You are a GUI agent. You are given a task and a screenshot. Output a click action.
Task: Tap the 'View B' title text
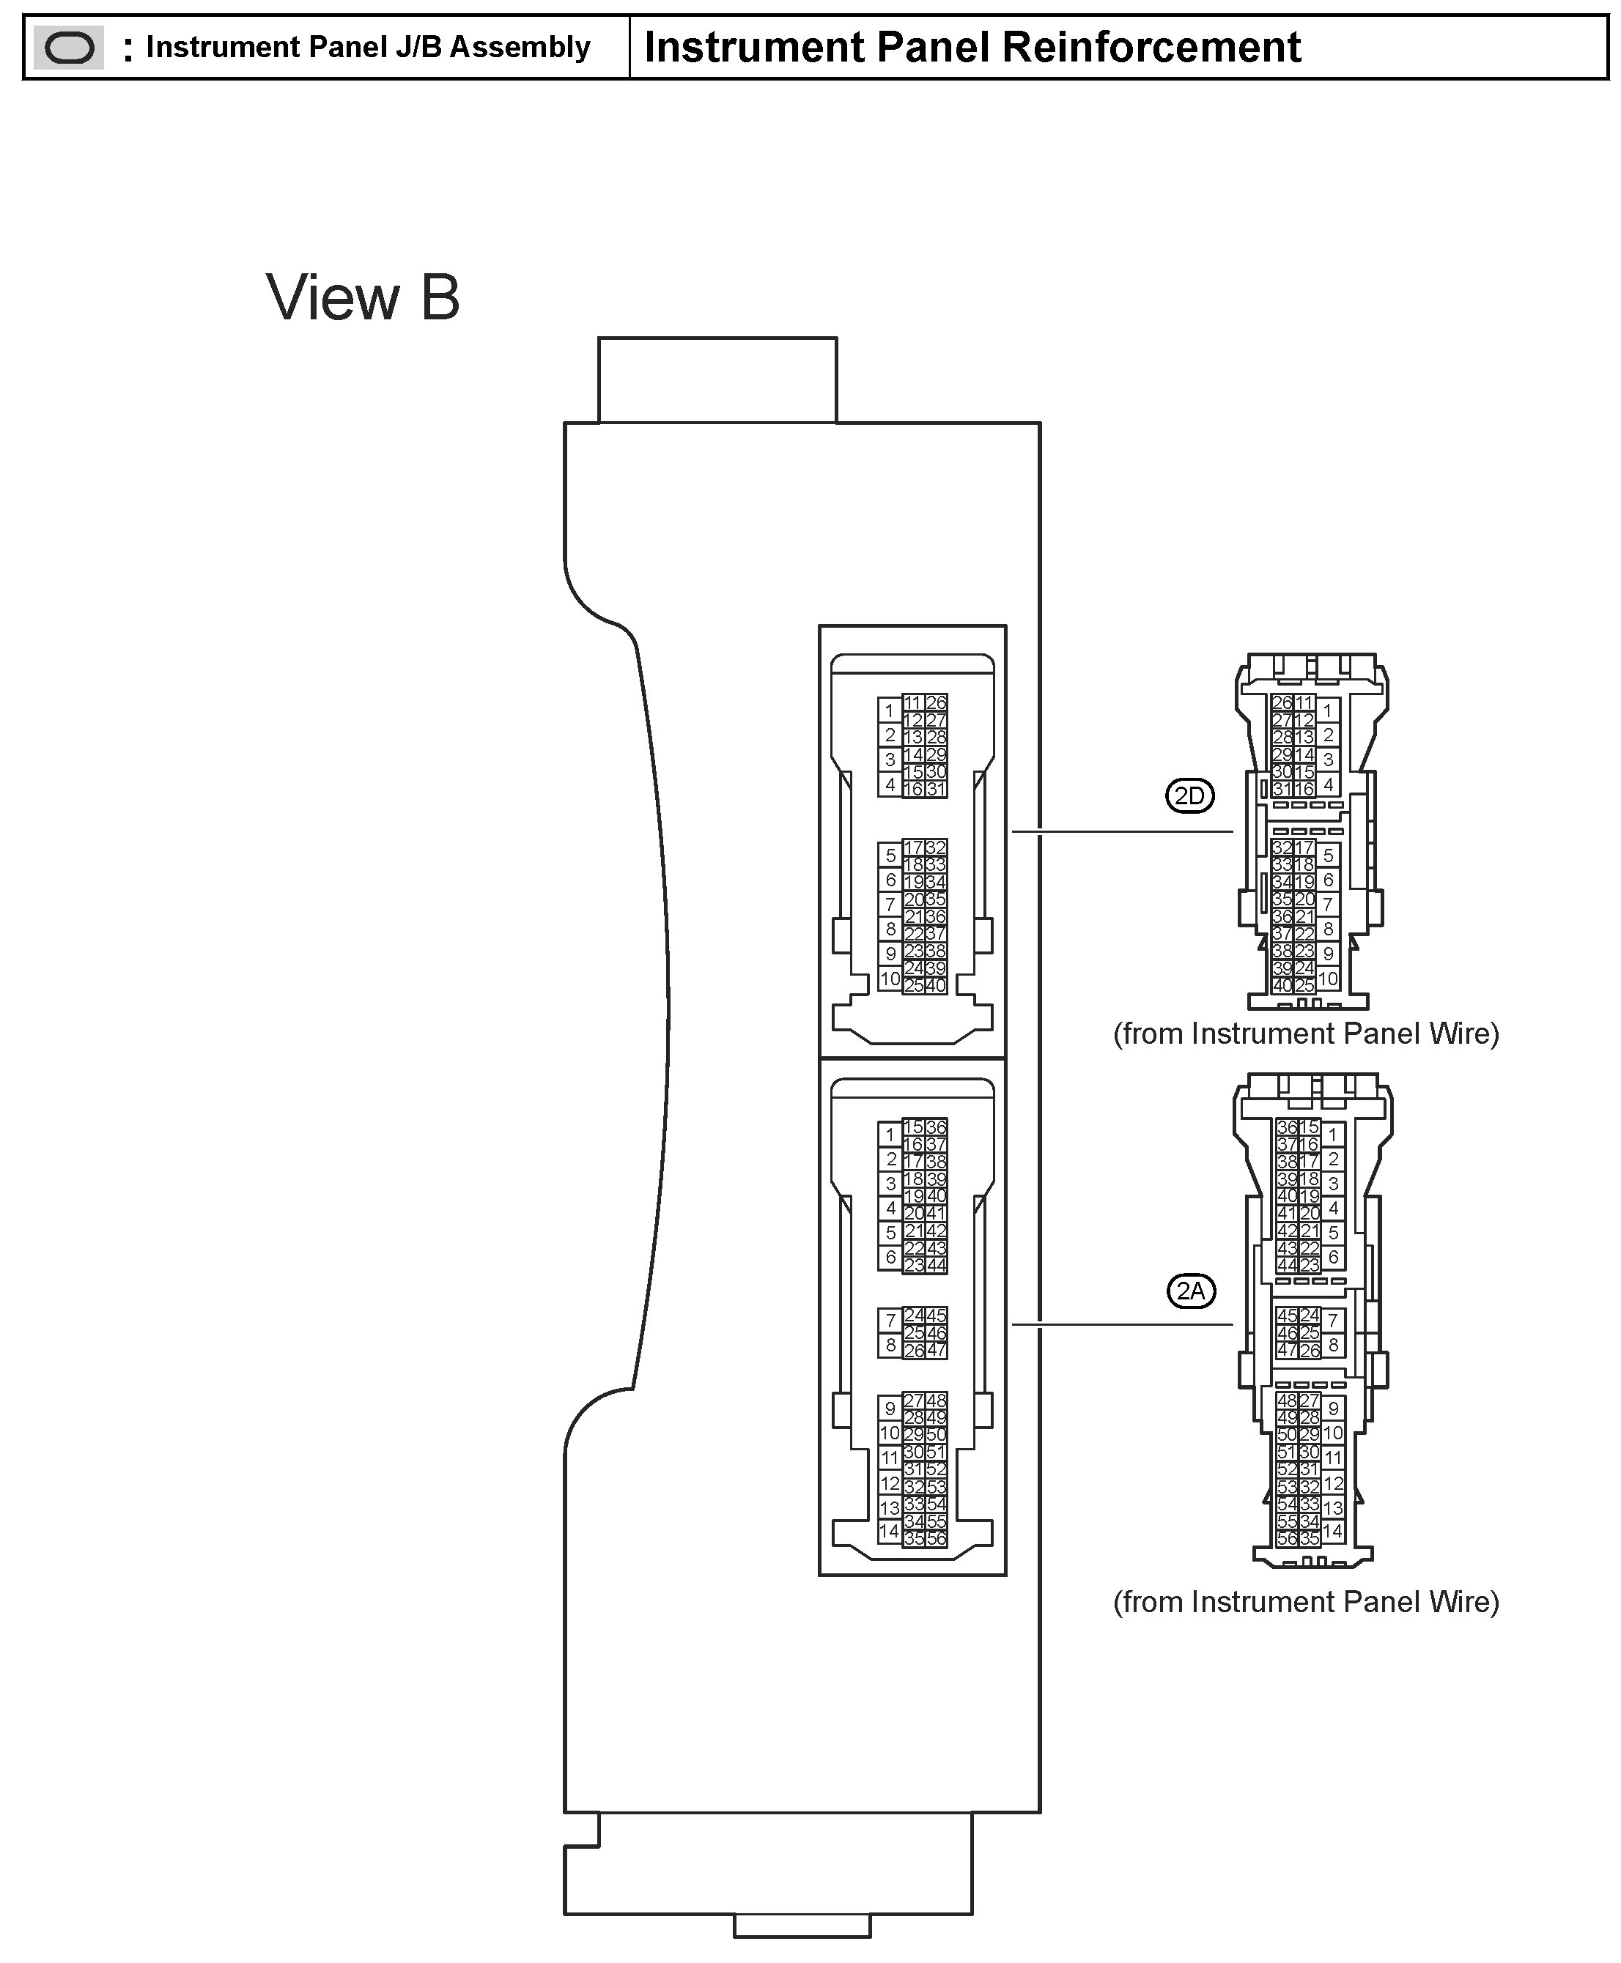coord(363,298)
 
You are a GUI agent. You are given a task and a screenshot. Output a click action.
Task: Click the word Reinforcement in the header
coord(1151,48)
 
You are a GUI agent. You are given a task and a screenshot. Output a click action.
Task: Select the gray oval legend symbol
coord(69,48)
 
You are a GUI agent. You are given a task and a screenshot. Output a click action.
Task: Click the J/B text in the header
coord(418,48)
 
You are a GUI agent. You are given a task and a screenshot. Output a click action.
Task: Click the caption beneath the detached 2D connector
coord(1305,1034)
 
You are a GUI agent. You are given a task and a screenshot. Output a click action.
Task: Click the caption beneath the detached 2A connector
coord(1305,1602)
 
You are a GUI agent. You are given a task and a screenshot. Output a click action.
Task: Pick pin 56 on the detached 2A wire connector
coord(1287,1539)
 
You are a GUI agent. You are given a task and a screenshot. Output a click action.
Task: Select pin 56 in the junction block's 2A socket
coord(937,1539)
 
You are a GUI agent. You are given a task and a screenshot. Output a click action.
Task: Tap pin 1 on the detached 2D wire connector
coord(1328,711)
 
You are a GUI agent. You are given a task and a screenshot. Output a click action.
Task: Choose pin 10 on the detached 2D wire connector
coord(1328,979)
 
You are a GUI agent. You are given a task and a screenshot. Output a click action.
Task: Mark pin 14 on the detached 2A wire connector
coord(1332,1532)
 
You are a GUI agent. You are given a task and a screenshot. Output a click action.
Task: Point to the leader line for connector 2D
coord(1120,831)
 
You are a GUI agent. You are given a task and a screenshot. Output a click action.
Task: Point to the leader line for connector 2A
coord(1120,1324)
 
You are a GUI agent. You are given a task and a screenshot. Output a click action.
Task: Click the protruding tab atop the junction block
coord(717,380)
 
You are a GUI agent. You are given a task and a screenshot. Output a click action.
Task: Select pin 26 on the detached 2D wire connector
coord(1282,703)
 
